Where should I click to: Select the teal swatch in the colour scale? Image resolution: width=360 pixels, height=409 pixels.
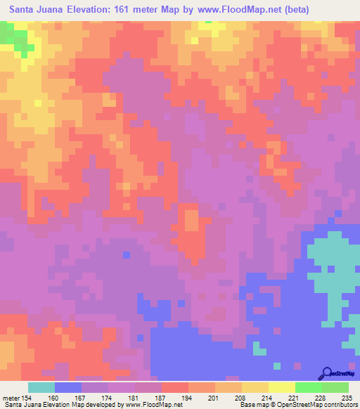point(41,387)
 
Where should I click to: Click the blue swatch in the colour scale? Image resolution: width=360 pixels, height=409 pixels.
point(68,387)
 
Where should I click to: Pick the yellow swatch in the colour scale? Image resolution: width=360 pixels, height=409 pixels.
point(255,387)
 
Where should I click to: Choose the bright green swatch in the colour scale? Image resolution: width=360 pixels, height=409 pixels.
point(308,387)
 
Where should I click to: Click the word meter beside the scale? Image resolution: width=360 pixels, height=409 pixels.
point(12,398)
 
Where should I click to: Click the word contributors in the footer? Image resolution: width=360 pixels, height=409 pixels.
point(340,405)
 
